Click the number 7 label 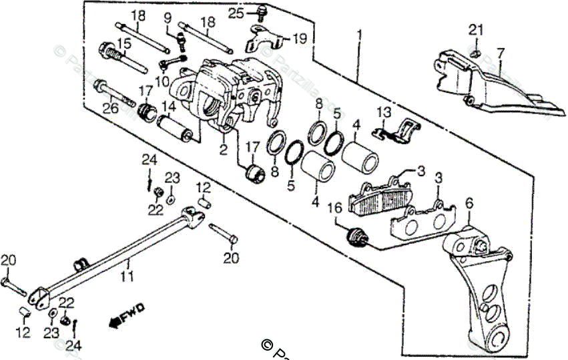pyautogui.click(x=501, y=52)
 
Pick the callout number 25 pyautogui.click(x=235, y=13)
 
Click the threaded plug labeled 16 pyautogui.click(x=355, y=235)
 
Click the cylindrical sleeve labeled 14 pyautogui.click(x=176, y=126)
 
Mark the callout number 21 pyautogui.click(x=475, y=29)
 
